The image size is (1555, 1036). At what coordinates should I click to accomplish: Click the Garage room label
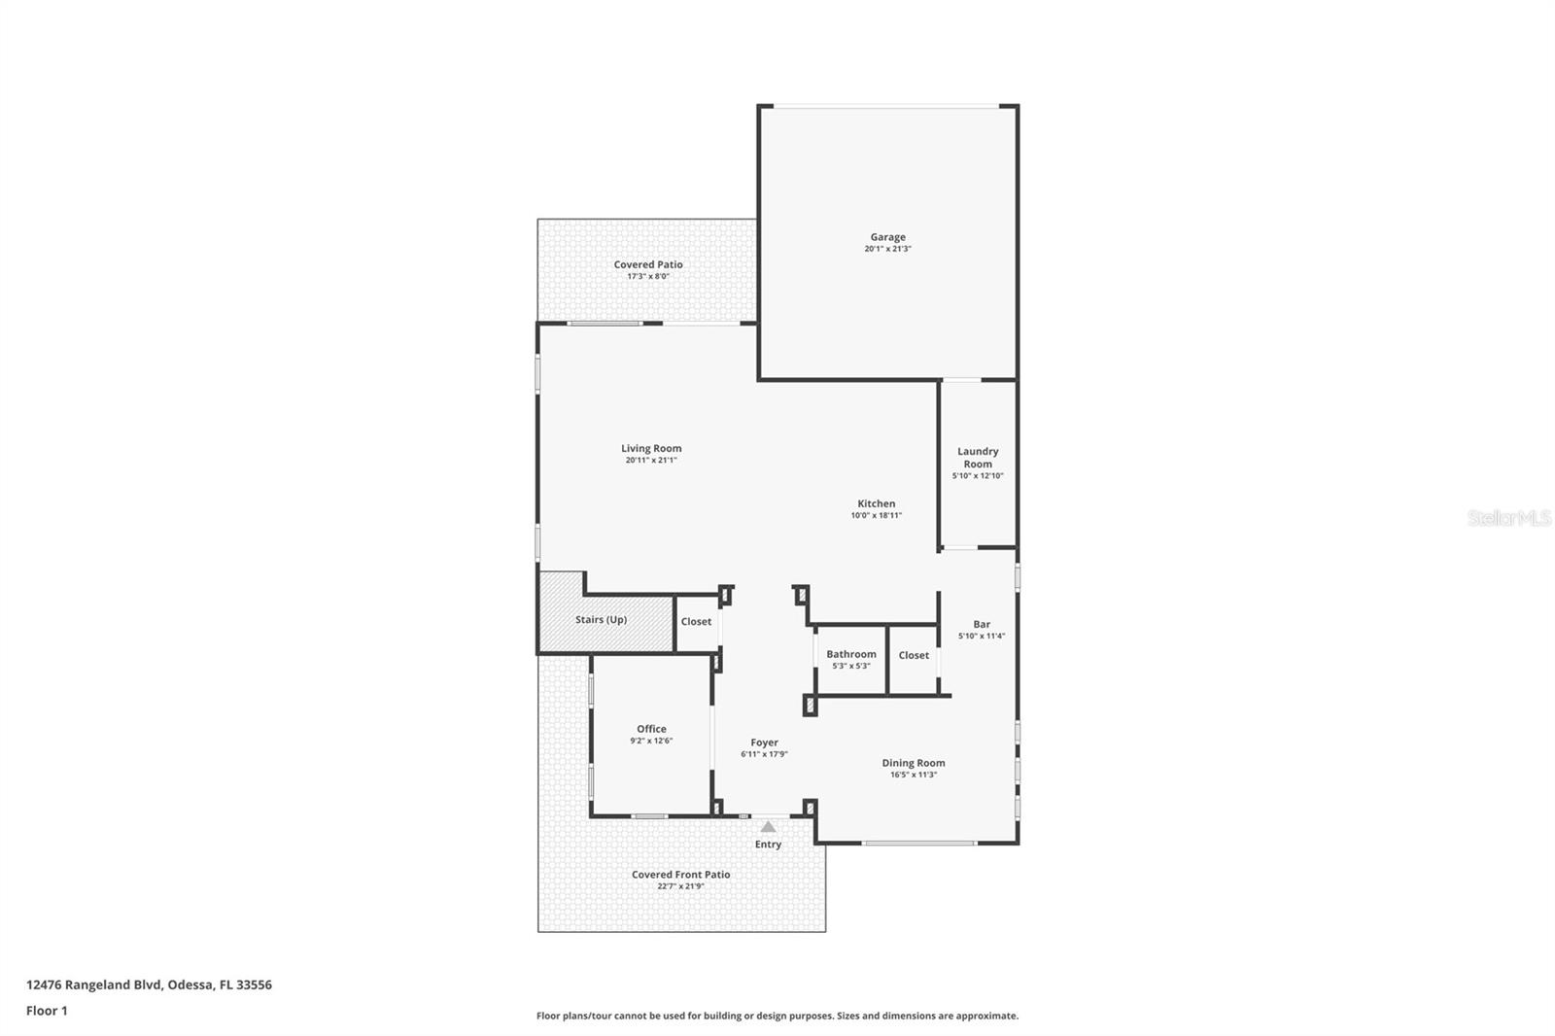887,237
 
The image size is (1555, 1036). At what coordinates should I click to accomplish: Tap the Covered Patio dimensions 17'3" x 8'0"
648,277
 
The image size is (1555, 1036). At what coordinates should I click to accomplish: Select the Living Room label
651,449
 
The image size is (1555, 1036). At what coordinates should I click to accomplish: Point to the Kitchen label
876,503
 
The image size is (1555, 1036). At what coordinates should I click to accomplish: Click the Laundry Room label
978,458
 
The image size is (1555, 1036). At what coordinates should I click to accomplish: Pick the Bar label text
982,625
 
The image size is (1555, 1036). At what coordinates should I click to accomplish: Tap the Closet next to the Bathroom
914,656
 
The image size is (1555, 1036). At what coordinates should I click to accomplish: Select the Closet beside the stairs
696,622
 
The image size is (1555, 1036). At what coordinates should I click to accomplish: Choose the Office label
651,729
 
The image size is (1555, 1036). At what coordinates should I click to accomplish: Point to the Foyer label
764,742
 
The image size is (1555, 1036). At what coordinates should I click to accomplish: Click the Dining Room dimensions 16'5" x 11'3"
914,775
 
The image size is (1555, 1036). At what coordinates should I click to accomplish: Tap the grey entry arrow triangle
768,827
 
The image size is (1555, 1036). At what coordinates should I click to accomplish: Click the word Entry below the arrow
768,845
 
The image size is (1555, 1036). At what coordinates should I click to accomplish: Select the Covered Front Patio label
680,875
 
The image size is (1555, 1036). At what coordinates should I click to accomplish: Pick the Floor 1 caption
47,1011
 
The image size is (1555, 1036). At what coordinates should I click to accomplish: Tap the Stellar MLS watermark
1508,518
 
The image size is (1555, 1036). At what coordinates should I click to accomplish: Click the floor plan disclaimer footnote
777,1016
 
